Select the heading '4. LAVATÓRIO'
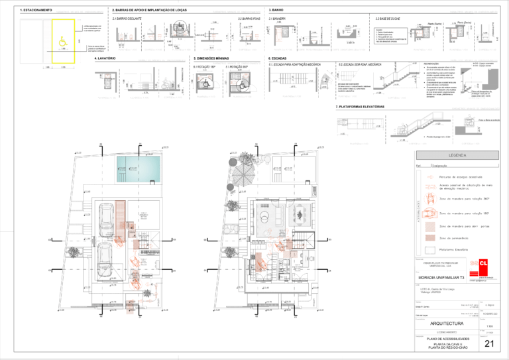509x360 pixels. click(106, 59)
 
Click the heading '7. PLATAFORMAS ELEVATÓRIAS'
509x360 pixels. click(364, 106)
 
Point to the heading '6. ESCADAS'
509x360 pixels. click(278, 59)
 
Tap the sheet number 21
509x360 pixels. click(488, 343)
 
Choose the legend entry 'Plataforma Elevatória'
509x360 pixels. click(456, 249)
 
